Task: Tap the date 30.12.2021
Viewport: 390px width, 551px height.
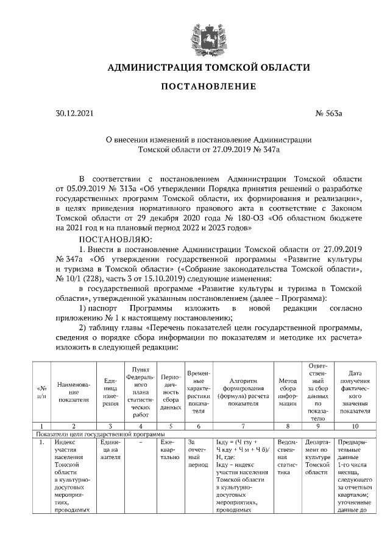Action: [76, 113]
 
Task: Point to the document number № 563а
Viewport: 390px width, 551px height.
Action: [330, 113]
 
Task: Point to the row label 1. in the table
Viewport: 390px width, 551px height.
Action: [42, 443]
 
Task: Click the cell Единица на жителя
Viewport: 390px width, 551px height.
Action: [110, 447]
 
